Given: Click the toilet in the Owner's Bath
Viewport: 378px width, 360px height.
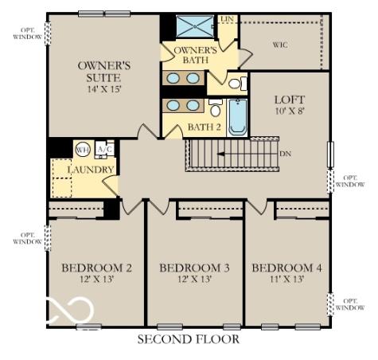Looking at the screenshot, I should [236, 82].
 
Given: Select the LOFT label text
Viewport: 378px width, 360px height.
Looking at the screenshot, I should [289, 100].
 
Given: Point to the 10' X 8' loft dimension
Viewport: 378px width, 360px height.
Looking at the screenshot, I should [289, 113].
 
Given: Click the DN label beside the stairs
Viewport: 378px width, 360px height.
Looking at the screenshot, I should [285, 153].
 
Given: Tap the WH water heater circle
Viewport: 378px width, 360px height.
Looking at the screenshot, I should [83, 150].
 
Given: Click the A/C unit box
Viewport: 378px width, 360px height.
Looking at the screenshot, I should [105, 150].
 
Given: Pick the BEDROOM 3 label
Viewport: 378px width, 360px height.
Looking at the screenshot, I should [194, 268].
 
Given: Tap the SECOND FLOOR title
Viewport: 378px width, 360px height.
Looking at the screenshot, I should [188, 339].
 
